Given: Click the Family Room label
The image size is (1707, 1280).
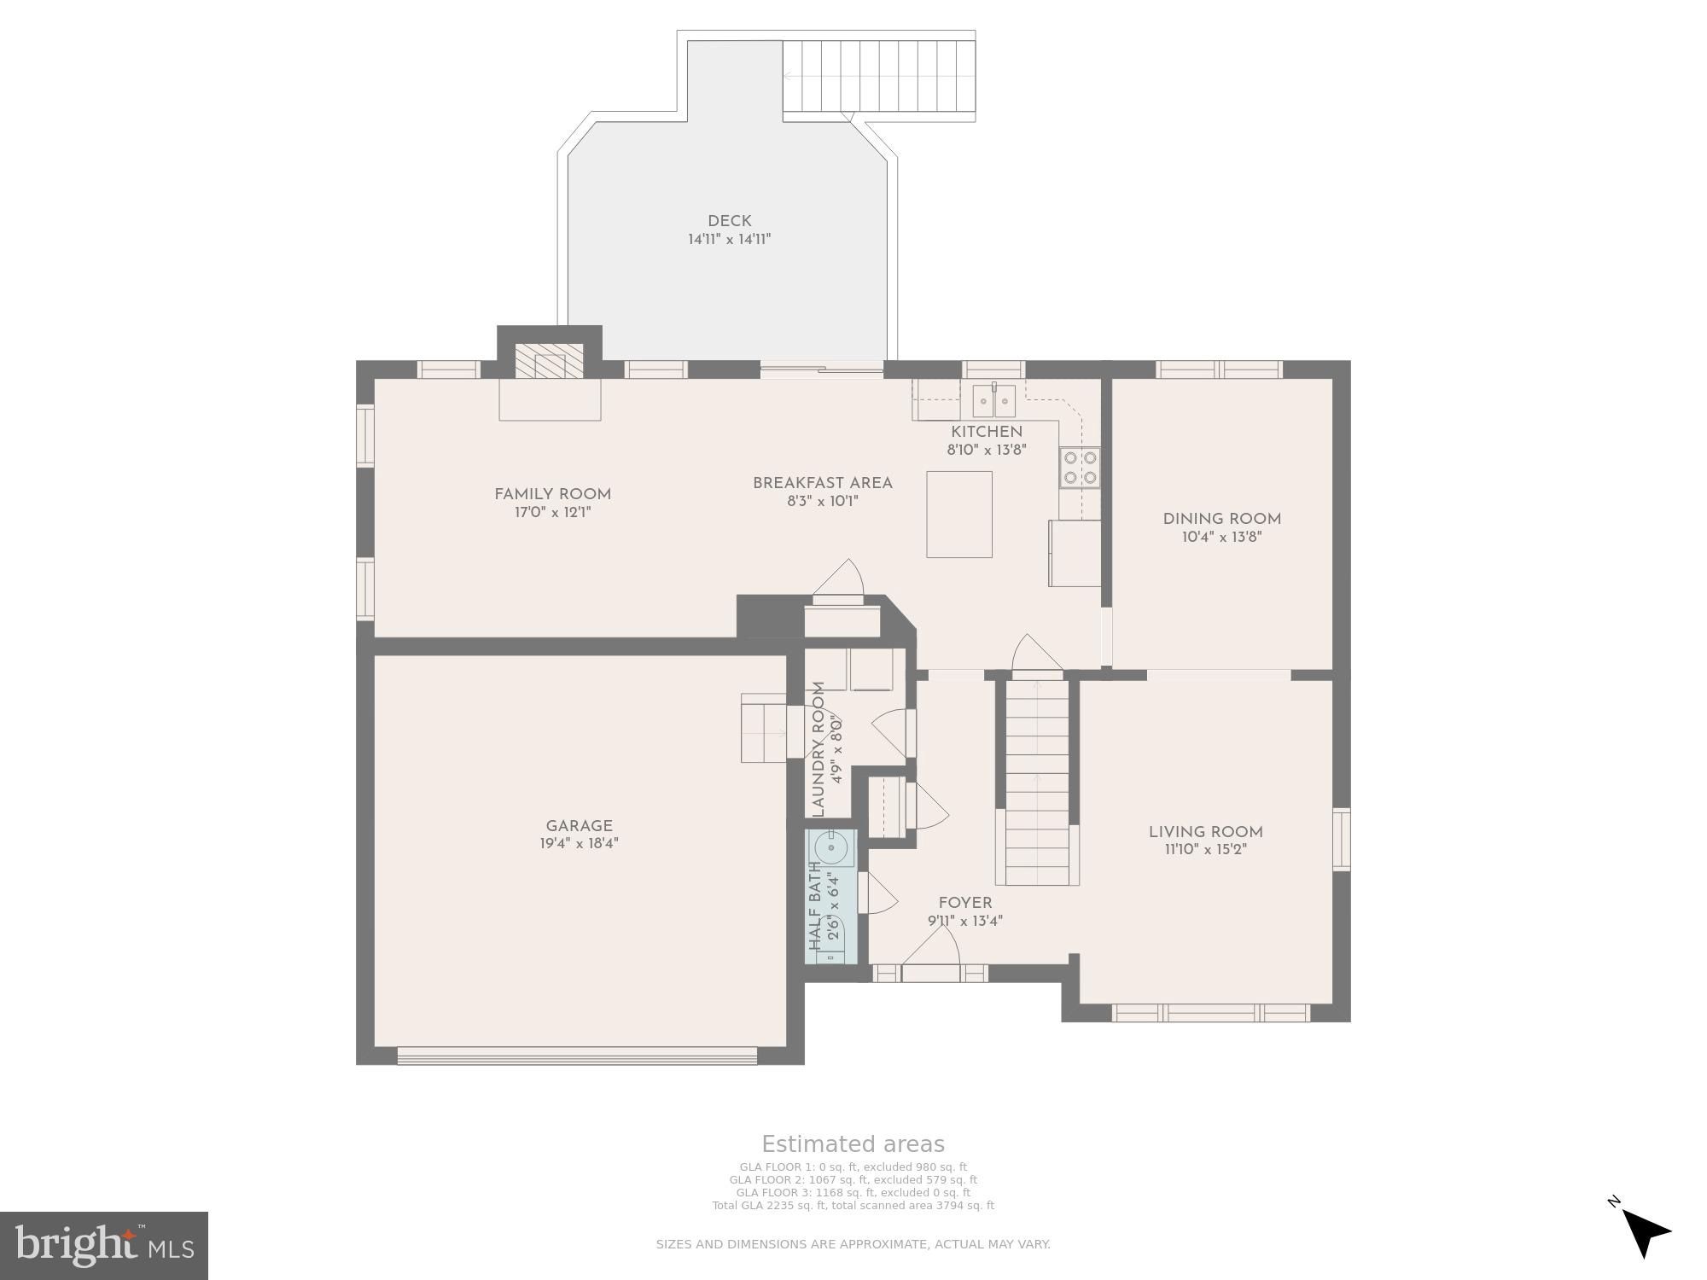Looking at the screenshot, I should tap(552, 494).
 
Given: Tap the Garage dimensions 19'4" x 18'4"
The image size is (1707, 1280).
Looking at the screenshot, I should tap(579, 844).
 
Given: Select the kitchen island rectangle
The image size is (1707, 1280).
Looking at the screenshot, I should tap(959, 514).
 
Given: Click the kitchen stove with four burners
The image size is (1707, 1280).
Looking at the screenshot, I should tap(1080, 468).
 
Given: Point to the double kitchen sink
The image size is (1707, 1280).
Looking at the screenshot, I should tap(993, 400).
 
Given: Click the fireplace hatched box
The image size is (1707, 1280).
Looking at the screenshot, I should tap(550, 362).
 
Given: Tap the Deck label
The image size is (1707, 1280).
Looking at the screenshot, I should tap(729, 221).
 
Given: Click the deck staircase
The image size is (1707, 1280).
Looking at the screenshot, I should tap(879, 76).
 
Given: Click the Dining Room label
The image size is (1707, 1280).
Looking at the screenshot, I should tap(1221, 519).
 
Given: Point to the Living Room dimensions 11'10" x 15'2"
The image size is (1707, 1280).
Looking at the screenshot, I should tap(1204, 850).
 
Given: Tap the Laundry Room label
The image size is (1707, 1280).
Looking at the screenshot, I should tap(819, 749).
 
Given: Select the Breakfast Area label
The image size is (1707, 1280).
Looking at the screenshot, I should tap(822, 483).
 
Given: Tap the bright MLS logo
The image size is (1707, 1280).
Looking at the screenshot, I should tap(104, 1246).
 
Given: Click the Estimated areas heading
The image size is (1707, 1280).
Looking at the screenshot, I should tap(853, 1144).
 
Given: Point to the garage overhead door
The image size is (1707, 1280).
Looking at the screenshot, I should tap(577, 1056).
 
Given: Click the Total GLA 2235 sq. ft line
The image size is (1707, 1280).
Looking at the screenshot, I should tap(853, 1206).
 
